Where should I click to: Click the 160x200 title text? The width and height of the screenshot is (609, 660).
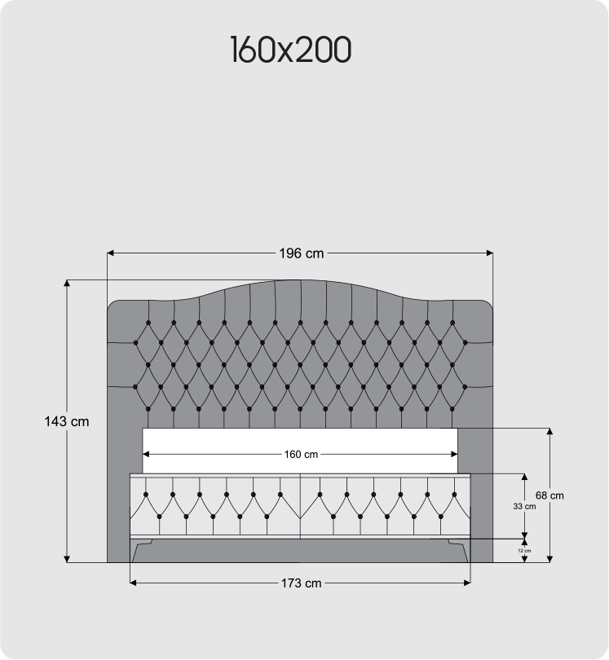point(290,51)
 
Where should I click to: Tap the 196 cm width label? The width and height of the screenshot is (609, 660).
point(301,253)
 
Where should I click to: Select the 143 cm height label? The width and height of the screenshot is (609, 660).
point(67,422)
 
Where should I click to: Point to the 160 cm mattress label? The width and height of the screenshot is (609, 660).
point(301,454)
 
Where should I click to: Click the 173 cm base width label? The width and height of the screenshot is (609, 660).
point(301,583)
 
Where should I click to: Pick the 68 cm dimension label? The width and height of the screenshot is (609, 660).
point(550,495)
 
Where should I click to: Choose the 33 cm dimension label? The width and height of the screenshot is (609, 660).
point(524,506)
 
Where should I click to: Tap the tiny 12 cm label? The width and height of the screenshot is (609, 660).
point(524,551)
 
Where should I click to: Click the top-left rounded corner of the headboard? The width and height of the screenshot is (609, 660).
point(113,306)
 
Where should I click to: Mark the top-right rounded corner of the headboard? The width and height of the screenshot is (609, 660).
point(488,306)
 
